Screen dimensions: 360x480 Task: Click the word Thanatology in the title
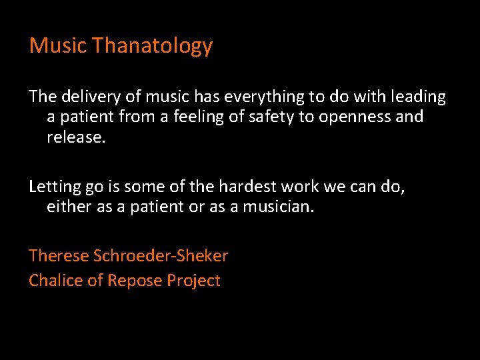pos(153,46)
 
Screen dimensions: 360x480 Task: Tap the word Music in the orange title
pos(58,46)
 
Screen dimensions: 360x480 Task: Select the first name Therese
pos(59,256)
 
